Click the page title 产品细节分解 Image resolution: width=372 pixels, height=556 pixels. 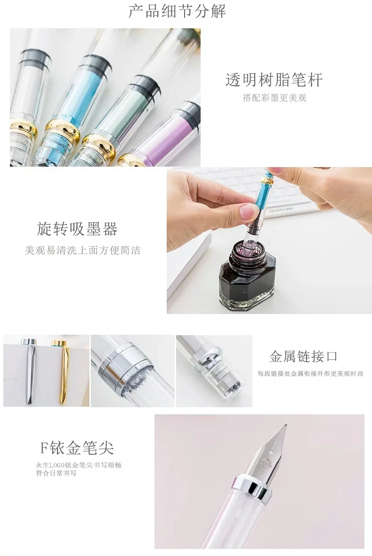click(x=177, y=11)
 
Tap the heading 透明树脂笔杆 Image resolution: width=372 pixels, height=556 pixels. click(x=274, y=80)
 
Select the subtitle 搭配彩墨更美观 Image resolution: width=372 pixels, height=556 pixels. click(x=274, y=98)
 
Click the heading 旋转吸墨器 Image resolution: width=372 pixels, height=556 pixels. click(x=77, y=229)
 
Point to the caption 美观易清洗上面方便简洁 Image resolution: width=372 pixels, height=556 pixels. click(x=82, y=250)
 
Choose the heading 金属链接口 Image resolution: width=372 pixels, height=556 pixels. click(x=303, y=356)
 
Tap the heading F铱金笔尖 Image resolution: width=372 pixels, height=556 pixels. click(x=77, y=448)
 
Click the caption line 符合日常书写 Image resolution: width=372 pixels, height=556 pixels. click(x=56, y=473)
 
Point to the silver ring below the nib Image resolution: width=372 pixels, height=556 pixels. click(x=250, y=488)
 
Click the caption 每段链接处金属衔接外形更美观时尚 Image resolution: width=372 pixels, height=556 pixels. click(x=310, y=373)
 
